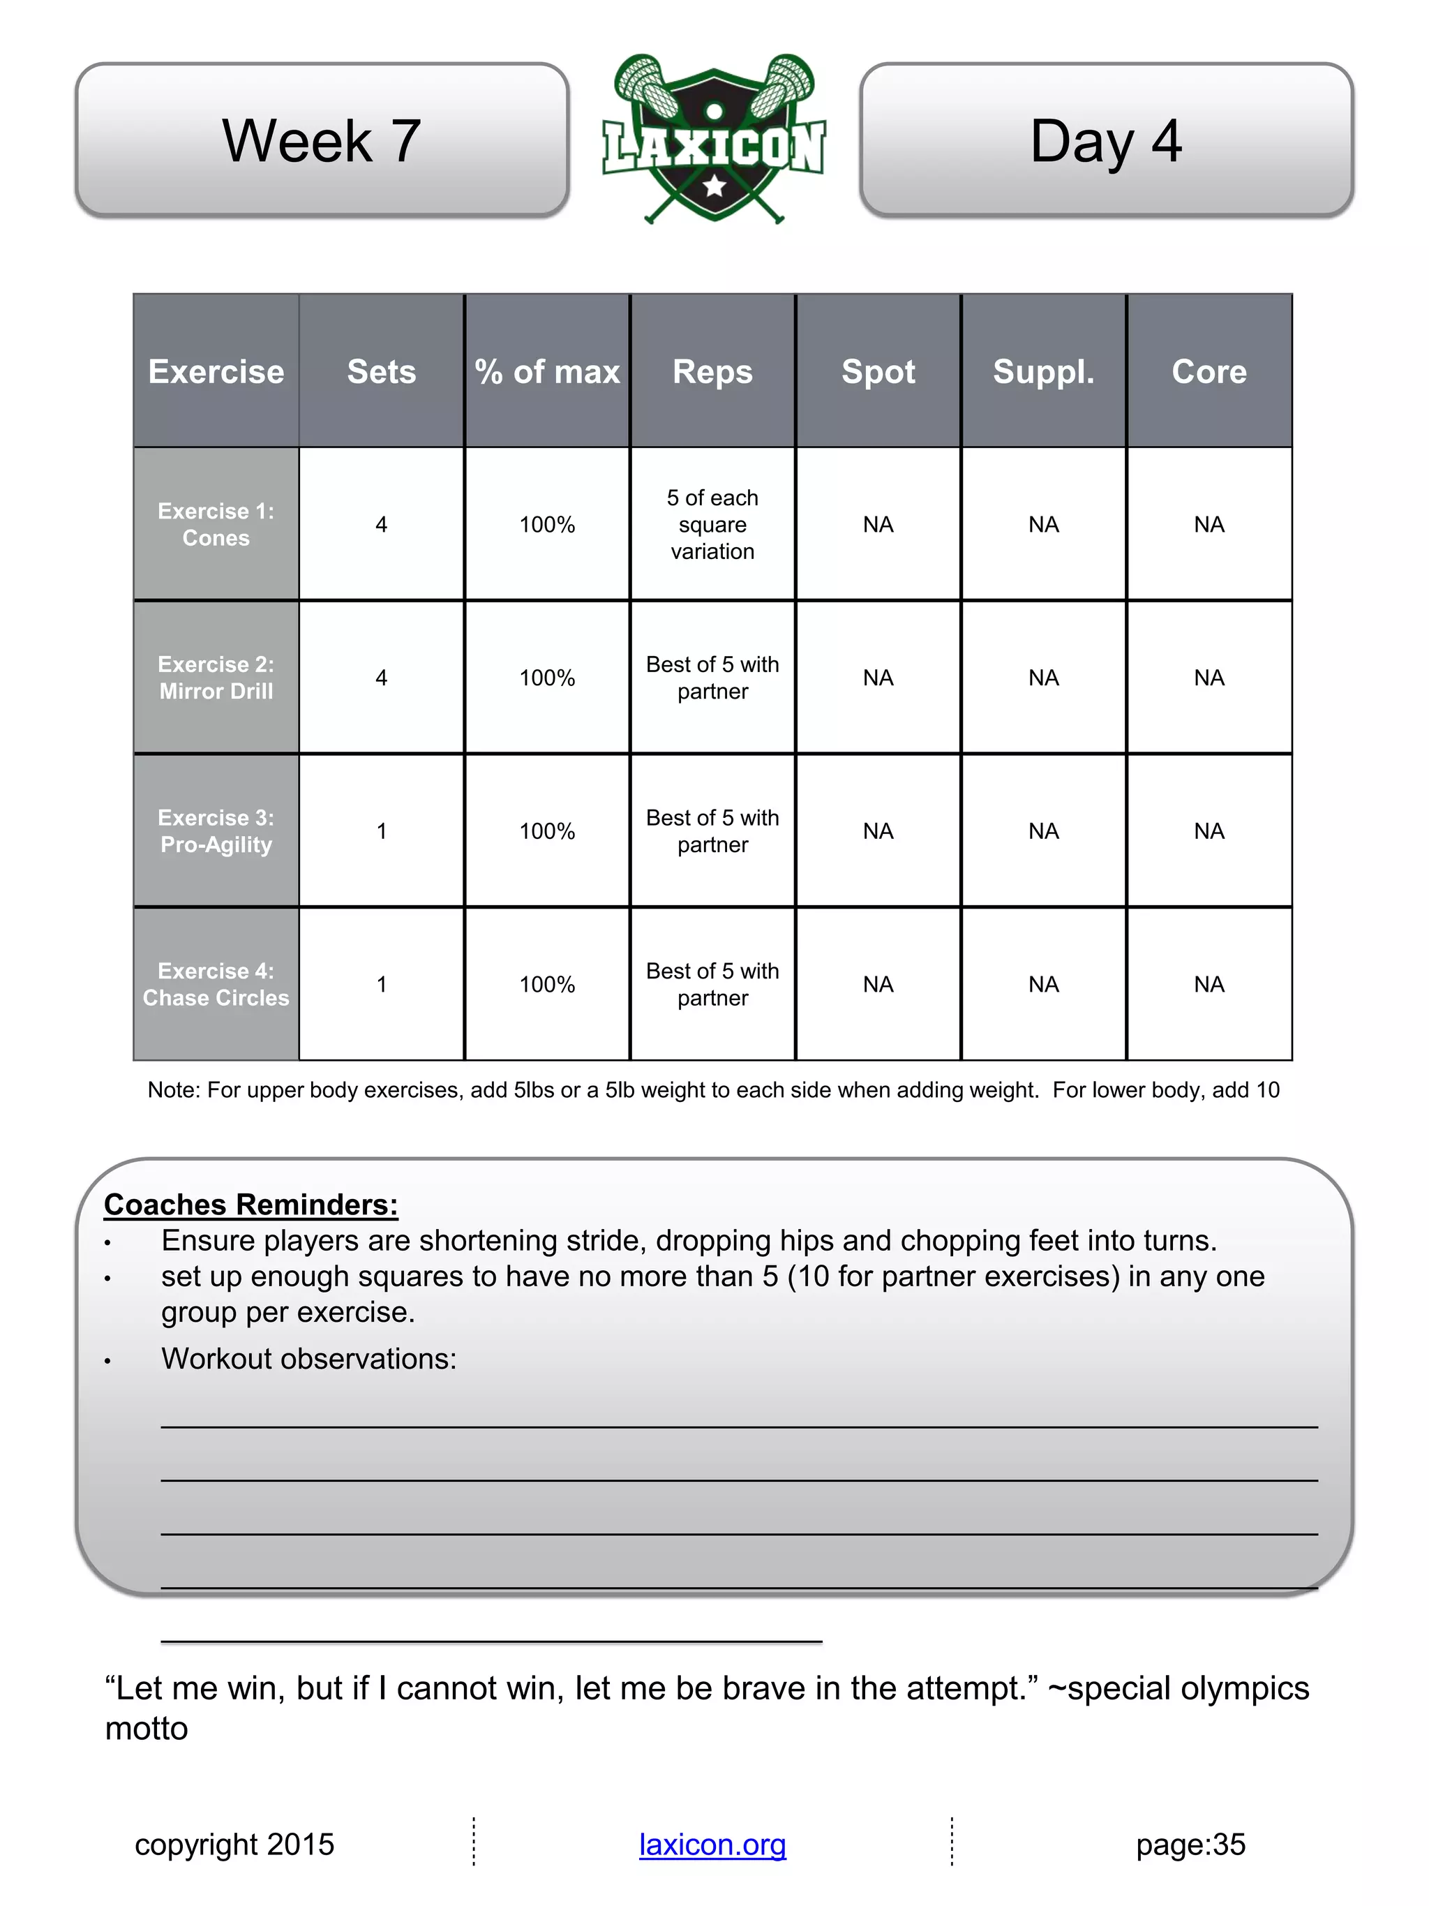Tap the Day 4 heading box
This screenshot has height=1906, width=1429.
click(x=1106, y=140)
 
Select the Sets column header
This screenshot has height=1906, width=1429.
click(x=382, y=371)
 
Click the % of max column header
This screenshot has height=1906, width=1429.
click(x=547, y=371)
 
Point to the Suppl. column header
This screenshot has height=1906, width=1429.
click(x=1043, y=371)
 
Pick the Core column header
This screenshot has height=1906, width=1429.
click(x=1209, y=371)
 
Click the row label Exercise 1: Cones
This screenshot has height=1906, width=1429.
click(x=216, y=524)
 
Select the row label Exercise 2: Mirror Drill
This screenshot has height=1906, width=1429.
click(x=216, y=677)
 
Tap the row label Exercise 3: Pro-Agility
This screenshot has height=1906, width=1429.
click(x=216, y=831)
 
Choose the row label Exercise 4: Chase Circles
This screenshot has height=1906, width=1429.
click(x=216, y=984)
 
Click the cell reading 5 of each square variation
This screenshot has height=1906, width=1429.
click(x=712, y=524)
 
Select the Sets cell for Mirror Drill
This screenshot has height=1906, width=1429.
click(x=382, y=677)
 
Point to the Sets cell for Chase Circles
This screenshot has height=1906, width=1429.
click(x=382, y=984)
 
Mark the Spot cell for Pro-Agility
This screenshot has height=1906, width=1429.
click(x=878, y=831)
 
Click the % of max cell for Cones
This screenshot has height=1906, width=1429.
click(x=547, y=524)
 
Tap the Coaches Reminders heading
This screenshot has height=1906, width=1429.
click(x=250, y=1204)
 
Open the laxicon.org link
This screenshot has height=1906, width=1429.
click(x=712, y=1844)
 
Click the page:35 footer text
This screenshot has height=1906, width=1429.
click(x=1190, y=1844)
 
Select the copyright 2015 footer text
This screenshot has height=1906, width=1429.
click(x=234, y=1844)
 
